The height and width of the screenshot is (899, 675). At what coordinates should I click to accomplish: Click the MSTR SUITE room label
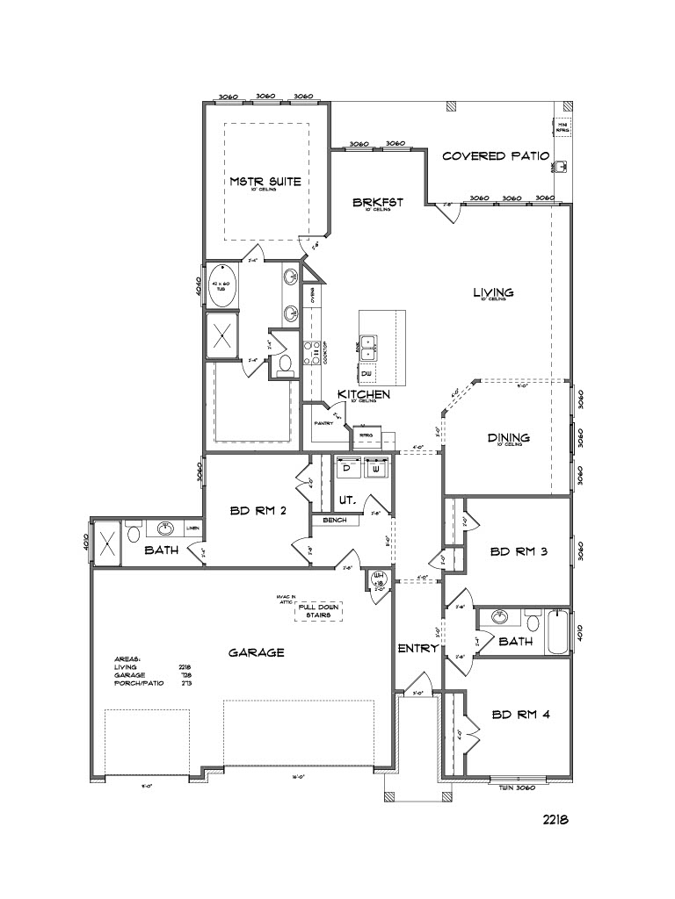(x=265, y=182)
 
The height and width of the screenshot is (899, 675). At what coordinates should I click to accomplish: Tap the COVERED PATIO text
(x=496, y=156)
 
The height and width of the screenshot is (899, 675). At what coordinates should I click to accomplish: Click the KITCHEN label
(x=363, y=395)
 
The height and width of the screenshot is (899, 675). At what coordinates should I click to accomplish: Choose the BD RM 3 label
(x=519, y=551)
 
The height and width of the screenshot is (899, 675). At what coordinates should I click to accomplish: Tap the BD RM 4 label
(x=520, y=714)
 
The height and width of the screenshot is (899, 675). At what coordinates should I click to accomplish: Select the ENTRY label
(x=417, y=648)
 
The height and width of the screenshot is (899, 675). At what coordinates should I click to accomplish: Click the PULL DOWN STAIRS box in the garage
(x=318, y=610)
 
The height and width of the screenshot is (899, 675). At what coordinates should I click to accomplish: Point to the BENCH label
(x=335, y=520)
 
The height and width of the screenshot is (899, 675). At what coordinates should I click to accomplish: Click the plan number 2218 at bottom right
(x=555, y=819)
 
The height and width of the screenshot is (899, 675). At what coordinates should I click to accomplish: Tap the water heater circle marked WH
(x=381, y=579)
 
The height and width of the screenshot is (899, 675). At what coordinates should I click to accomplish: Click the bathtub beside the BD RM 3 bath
(x=556, y=632)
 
